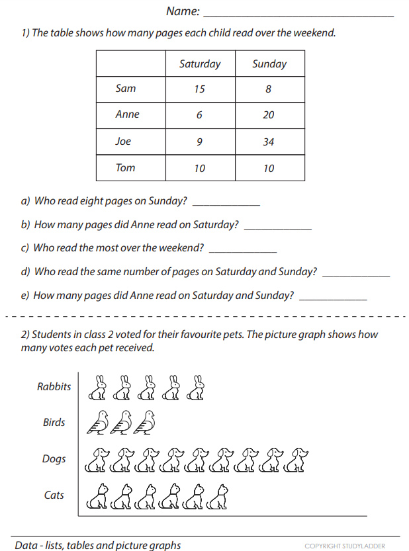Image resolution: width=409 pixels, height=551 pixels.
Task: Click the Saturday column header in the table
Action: pos(200,64)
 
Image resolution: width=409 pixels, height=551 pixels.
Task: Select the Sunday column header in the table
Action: pos(269,64)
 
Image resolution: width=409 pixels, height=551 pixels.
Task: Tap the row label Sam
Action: pos(126,89)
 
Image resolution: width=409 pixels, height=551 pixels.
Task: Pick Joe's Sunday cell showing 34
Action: pos(268,142)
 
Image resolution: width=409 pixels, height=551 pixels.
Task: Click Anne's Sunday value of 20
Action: pos(268,115)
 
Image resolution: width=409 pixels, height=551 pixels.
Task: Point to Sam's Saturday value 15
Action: pos(199,89)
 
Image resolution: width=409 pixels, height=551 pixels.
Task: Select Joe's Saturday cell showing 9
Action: pos(199,142)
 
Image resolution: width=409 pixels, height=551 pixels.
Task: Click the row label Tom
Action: pos(126,168)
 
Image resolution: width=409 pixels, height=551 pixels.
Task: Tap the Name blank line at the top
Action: pos(298,14)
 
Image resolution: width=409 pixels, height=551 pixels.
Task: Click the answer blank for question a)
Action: pos(226,204)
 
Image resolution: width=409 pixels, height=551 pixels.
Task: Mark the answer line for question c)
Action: pos(242,252)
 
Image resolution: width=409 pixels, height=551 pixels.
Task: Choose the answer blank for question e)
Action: pos(333,300)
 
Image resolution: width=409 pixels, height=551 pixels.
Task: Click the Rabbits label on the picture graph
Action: pos(54,387)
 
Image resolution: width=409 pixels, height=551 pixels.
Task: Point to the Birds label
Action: pos(54,423)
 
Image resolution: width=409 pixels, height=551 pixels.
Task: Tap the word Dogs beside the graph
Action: pos(54,459)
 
